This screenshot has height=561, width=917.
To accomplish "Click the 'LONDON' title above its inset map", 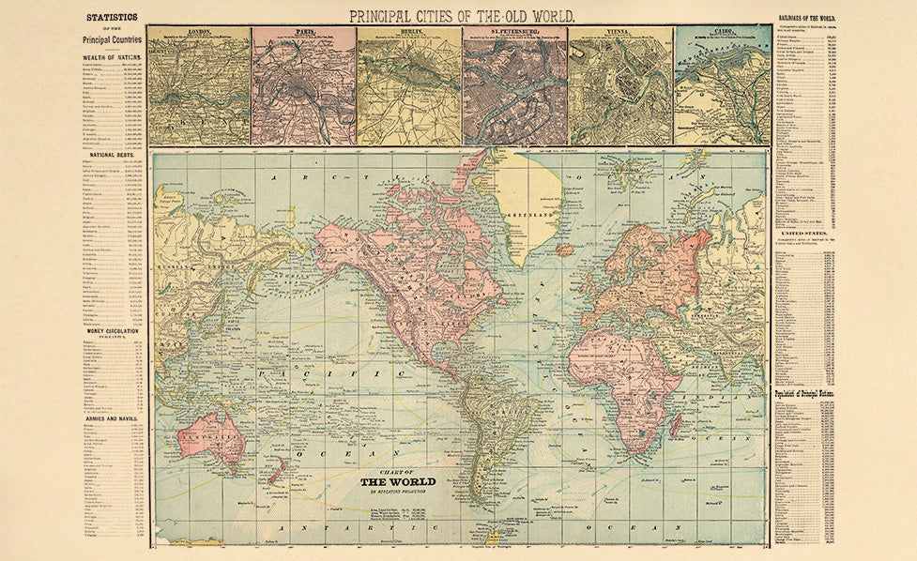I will click(199, 31).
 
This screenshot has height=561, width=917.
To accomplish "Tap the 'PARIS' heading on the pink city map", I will click(303, 31).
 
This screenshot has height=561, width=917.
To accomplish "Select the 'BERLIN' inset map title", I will click(409, 31).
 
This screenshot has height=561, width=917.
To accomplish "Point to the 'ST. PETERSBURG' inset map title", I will click(514, 31).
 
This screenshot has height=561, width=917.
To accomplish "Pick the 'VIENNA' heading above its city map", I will click(619, 31).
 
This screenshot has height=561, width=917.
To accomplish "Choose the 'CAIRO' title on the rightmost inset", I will click(723, 31).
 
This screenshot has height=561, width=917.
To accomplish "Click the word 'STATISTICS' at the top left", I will click(112, 17).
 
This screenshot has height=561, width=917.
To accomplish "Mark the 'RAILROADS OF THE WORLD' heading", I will click(804, 19).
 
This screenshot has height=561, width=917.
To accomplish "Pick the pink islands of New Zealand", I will click(276, 470).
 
